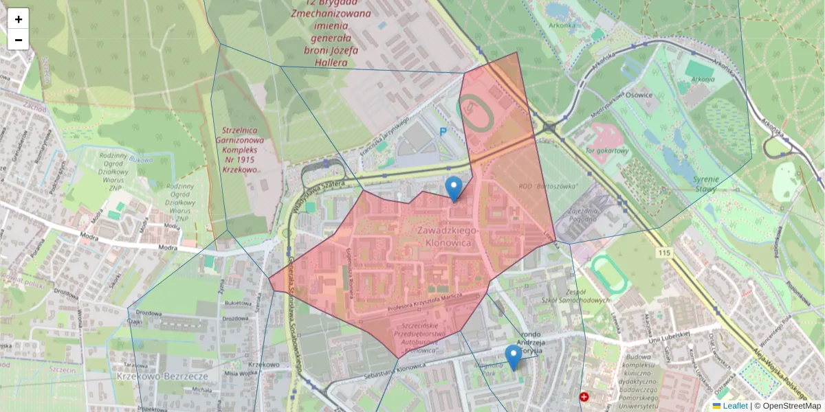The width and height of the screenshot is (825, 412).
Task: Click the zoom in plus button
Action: [19, 19]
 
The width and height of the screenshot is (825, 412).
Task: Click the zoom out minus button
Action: [19, 40]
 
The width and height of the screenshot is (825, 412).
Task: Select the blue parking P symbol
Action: [443, 131]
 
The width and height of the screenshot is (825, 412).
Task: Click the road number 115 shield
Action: [663, 253]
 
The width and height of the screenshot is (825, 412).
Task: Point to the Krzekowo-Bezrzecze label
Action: [162, 376]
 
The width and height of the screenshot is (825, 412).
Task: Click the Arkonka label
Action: [562, 25]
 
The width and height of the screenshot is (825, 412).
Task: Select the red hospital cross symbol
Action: [584, 397]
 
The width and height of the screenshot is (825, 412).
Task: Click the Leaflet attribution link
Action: [735, 406]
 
